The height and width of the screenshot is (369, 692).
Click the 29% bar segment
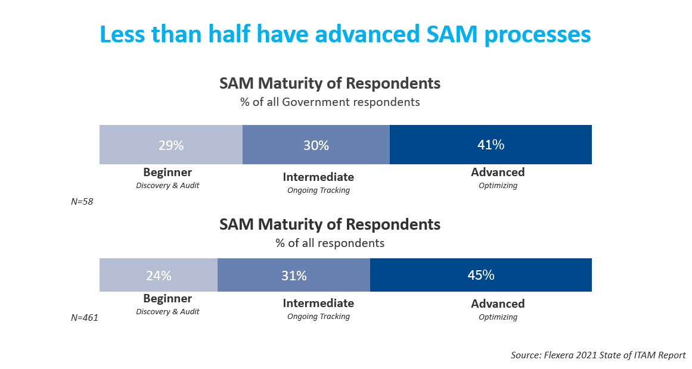click(170, 145)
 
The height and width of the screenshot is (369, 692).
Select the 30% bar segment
click(316, 145)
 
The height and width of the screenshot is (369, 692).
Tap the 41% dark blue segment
click(491, 145)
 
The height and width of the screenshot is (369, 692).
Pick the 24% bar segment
click(159, 275)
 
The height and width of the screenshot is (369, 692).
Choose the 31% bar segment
click(294, 275)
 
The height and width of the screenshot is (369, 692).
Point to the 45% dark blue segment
click(481, 275)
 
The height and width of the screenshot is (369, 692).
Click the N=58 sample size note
click(82, 202)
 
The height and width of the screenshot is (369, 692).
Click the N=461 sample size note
click(84, 318)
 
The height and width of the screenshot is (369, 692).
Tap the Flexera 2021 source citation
click(598, 355)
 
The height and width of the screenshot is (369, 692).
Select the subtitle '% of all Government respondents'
click(330, 102)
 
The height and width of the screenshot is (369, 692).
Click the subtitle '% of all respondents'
click(330, 243)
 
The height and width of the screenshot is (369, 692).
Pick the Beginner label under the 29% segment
click(167, 173)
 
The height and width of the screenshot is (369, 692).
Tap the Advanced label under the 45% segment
click(498, 304)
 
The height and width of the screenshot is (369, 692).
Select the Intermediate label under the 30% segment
click(318, 177)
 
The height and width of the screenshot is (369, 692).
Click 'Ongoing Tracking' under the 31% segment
click(318, 317)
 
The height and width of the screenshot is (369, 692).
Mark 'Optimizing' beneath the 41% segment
click(498, 186)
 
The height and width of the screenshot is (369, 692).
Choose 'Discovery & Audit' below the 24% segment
click(167, 311)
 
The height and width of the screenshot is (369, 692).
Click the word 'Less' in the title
click(125, 35)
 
